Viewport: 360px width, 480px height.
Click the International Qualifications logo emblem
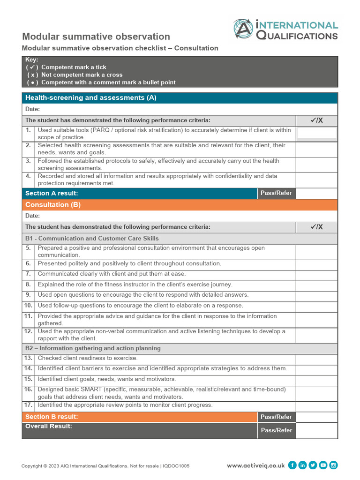click(243, 29)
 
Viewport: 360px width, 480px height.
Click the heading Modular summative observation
click(96, 37)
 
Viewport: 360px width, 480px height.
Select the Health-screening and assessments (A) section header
click(90, 98)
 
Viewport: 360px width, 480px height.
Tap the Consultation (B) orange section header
click(53, 205)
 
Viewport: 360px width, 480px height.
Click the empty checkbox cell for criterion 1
click(316, 133)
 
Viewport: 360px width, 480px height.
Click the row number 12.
click(28, 331)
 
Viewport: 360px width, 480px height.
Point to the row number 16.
click(28, 390)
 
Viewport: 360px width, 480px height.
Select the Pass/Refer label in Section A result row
click(276, 193)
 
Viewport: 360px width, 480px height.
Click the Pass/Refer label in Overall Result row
click(276, 430)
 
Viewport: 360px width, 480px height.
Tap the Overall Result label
click(49, 427)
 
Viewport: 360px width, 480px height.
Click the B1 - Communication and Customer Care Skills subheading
click(92, 239)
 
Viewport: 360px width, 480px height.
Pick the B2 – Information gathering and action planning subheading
click(93, 348)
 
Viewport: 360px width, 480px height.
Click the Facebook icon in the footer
click(292, 465)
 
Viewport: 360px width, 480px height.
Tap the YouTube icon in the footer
click(323, 465)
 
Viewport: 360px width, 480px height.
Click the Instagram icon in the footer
click(334, 465)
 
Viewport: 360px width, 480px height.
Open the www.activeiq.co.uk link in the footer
click(255, 465)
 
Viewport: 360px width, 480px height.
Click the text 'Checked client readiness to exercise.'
click(88, 358)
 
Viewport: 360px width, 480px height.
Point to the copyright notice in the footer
click(105, 466)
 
